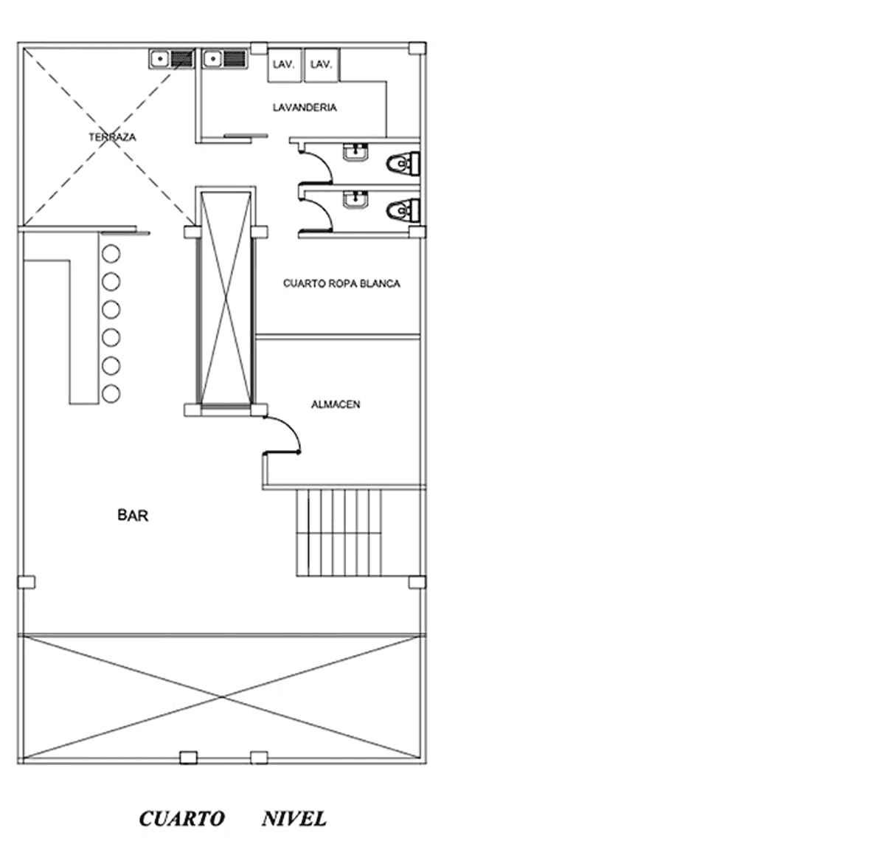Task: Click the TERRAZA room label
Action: [x=112, y=137]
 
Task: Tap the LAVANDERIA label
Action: [x=305, y=108]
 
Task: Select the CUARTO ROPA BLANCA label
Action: [x=341, y=283]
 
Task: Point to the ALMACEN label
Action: [x=336, y=404]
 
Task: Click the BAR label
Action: [x=133, y=516]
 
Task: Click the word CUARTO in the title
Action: [x=182, y=819]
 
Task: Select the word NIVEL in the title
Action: [x=294, y=819]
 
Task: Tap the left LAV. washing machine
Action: [x=284, y=65]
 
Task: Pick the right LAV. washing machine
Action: [x=322, y=65]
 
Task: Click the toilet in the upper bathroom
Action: [x=403, y=163]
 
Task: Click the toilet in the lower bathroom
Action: [x=403, y=211]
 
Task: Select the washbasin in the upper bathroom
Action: [x=355, y=152]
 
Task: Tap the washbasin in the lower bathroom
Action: [x=355, y=200]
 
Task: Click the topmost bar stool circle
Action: [x=111, y=254]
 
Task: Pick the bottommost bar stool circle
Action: [x=111, y=394]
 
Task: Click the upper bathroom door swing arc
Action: [x=324, y=161]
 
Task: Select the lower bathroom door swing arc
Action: [x=324, y=208]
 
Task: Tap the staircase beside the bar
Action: [x=339, y=533]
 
